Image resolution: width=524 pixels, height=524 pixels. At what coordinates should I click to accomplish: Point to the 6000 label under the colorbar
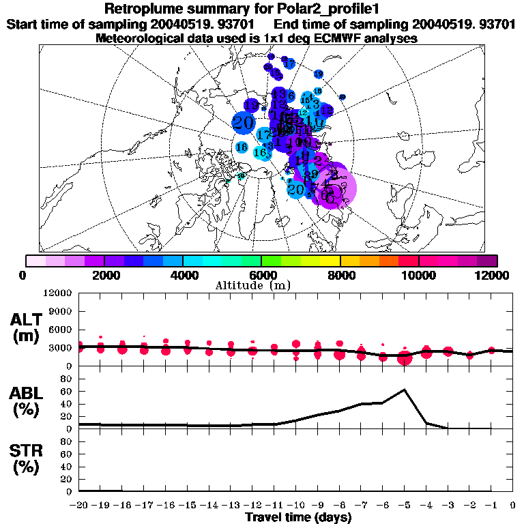261,275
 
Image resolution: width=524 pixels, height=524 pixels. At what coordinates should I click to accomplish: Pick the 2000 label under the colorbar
104,275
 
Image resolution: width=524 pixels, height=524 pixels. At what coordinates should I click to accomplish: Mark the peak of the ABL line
405,390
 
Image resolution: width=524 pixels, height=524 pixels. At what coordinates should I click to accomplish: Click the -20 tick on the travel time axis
78,505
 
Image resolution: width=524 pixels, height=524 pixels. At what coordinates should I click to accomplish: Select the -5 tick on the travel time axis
404,505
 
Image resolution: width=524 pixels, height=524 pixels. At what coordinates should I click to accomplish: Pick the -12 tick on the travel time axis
252,505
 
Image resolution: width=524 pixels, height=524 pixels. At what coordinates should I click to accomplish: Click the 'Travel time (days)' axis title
298,517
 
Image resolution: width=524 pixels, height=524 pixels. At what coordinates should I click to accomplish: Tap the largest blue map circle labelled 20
243,123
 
